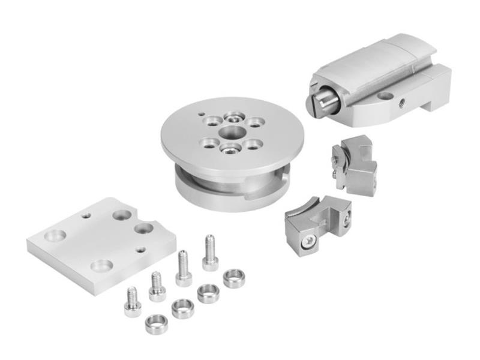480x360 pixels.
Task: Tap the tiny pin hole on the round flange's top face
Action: tap(203, 112)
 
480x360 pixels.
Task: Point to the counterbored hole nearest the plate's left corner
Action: tap(55, 235)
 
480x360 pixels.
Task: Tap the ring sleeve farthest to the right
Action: tap(234, 278)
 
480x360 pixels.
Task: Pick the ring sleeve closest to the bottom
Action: tap(157, 323)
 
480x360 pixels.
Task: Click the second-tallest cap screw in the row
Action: tap(184, 268)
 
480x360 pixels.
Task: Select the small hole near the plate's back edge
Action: tap(87, 215)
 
